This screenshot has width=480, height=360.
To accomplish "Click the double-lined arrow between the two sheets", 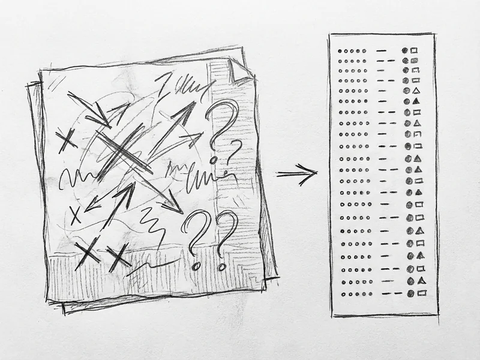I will tap(296, 175).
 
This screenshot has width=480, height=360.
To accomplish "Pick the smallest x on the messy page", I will tap(75, 214).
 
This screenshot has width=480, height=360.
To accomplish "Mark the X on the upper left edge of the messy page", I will tap(65, 139).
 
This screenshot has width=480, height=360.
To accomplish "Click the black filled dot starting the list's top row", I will tap(340, 52).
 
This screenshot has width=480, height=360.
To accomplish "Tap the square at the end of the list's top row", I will tap(413, 52).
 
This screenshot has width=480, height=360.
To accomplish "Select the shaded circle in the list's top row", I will tap(406, 52).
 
